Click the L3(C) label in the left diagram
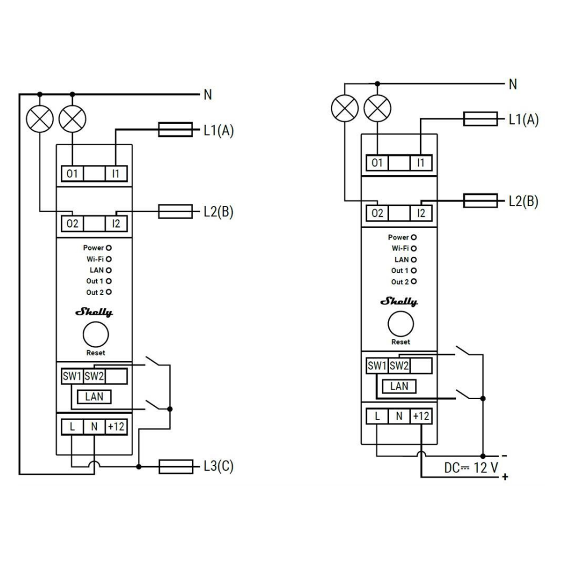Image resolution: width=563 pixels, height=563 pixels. point(218,466)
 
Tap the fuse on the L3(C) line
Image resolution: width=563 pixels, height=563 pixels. point(176,467)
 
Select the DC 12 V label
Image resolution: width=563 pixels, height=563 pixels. point(471,467)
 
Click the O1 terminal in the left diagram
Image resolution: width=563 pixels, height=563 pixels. point(72,174)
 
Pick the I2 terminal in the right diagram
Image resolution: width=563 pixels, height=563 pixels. point(421,213)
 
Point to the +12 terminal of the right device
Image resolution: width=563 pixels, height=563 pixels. point(421,416)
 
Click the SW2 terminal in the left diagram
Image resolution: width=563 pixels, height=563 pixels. point(94,376)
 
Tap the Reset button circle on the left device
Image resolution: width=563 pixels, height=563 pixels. point(96,334)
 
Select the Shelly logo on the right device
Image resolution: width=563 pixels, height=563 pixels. point(399,301)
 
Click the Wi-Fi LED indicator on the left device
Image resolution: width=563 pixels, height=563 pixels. point(109,259)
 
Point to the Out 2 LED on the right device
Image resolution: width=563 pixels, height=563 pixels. point(414,281)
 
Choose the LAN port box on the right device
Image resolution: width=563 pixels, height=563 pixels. point(399,386)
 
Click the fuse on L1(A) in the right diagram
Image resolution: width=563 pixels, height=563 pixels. point(480,119)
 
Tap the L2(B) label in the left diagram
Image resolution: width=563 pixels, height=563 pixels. point(218,212)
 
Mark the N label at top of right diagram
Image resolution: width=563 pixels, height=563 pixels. point(513,84)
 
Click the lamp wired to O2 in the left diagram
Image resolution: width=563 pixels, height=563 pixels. point(40,119)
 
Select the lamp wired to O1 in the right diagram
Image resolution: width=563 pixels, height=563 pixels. point(377,108)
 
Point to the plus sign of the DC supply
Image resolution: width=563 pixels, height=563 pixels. point(505,477)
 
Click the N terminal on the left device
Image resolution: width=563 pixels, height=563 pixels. point(94,427)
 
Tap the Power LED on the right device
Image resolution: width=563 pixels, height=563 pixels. point(414,238)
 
